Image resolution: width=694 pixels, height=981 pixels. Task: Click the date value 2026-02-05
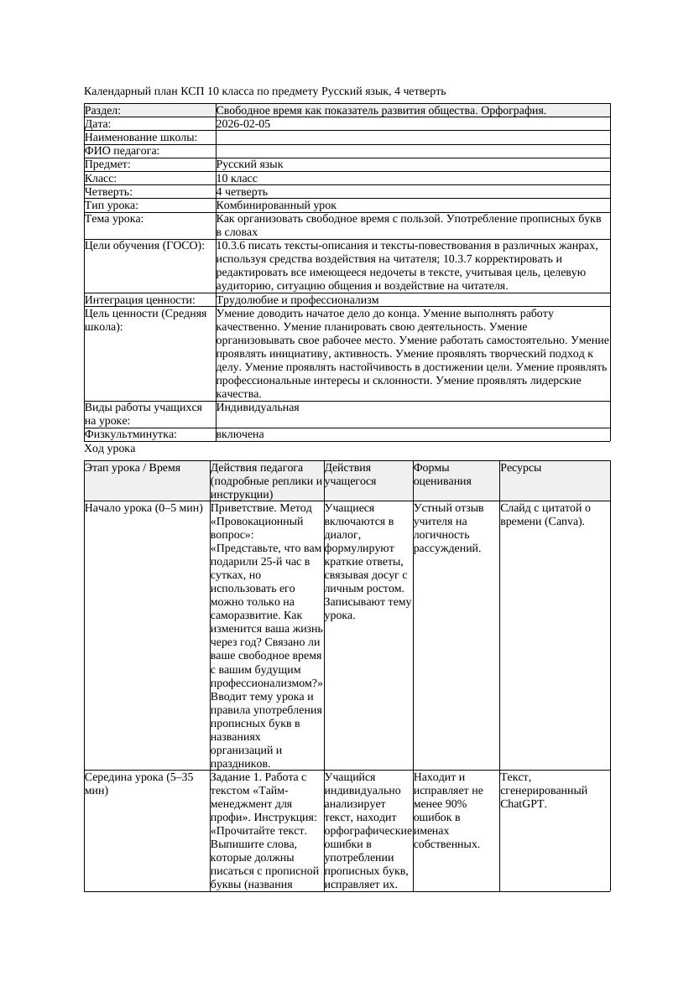[x=243, y=124]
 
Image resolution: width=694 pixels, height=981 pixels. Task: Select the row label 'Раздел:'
[x=103, y=111]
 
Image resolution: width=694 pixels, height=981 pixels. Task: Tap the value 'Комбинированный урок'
[x=276, y=205]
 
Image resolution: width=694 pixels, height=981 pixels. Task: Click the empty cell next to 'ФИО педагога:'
[x=411, y=151]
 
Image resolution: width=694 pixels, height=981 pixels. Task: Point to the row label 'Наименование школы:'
[x=141, y=138]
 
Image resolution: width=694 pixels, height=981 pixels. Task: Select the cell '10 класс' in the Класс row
[x=237, y=179]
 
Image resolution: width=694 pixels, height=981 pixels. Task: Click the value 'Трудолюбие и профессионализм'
[x=297, y=300]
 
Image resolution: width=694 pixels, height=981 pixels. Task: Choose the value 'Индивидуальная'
[x=257, y=407]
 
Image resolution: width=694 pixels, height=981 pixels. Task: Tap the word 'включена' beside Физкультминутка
[x=240, y=434]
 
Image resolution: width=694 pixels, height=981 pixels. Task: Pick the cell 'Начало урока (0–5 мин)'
[x=143, y=508]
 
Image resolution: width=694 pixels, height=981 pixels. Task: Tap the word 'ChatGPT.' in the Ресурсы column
[x=523, y=804]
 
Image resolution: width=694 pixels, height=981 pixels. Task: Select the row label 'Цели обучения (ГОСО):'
[x=144, y=246]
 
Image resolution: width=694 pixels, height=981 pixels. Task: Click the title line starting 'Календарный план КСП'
[x=265, y=91]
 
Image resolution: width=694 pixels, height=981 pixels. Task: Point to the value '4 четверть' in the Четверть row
[x=242, y=192]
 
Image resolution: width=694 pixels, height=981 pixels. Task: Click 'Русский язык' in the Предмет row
[x=249, y=164]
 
